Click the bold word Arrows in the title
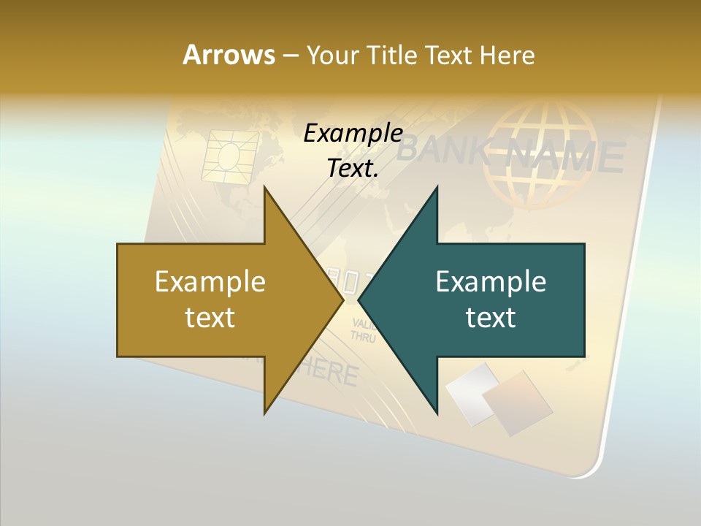point(229,55)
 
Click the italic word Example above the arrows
point(353,134)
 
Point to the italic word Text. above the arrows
point(353,169)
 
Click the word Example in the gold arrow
point(210,282)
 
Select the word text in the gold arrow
point(210,318)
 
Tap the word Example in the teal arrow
point(491,282)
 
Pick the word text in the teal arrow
point(491,318)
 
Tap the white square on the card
point(471,392)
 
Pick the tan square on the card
point(518,401)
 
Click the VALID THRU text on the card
point(364,330)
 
